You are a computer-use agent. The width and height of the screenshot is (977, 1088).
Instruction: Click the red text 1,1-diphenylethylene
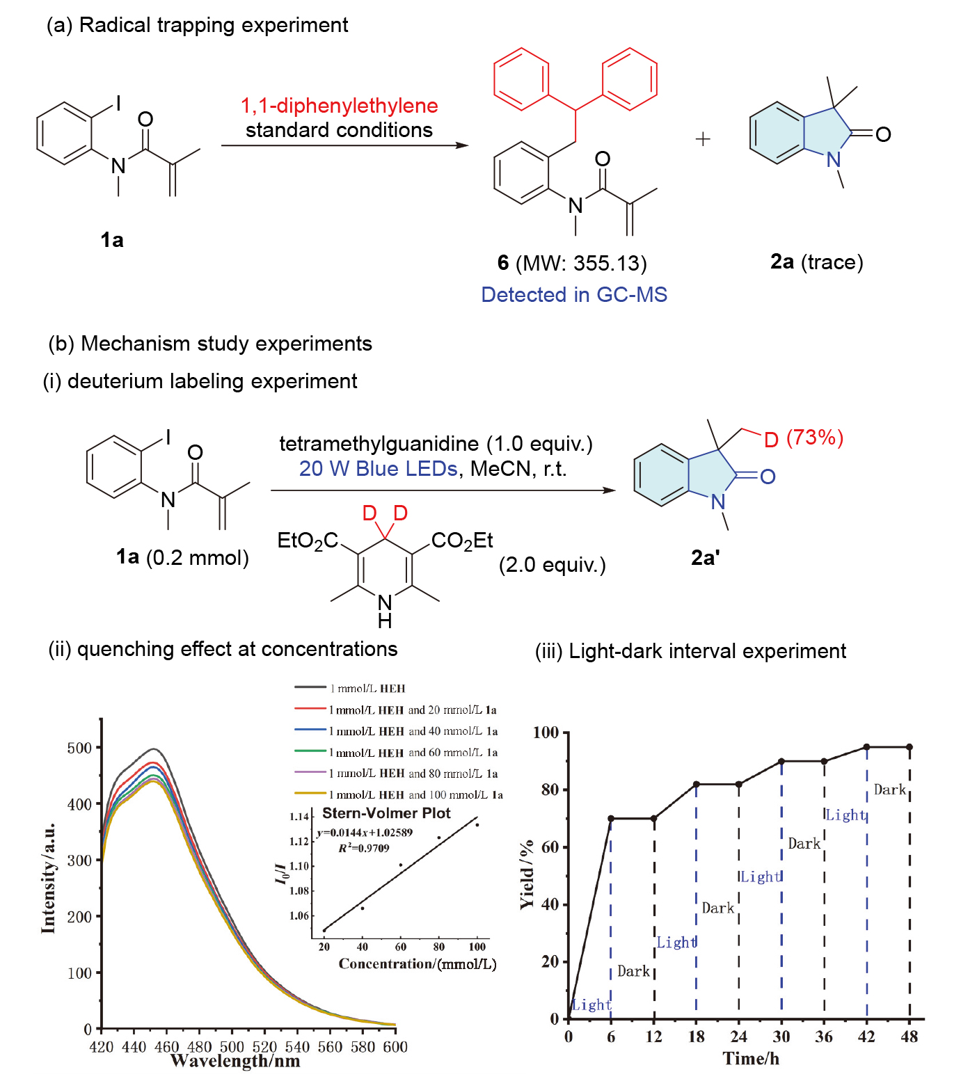[x=339, y=106]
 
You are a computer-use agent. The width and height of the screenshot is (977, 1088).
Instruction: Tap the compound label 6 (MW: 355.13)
[x=572, y=263]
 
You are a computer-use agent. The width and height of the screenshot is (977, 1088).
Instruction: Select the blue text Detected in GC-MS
[x=574, y=294]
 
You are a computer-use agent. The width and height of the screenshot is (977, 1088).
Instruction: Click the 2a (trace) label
[x=816, y=262]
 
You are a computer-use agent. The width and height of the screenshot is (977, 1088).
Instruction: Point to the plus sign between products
[x=703, y=139]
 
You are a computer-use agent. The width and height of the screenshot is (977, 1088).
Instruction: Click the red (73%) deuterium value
[x=814, y=438]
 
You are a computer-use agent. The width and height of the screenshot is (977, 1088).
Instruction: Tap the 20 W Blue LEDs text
[x=378, y=469]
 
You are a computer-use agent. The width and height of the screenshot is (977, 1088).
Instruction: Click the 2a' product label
[x=705, y=557]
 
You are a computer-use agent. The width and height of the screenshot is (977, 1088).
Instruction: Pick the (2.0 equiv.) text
[x=552, y=565]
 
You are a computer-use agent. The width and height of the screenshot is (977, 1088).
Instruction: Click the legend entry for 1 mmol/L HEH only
[x=367, y=688]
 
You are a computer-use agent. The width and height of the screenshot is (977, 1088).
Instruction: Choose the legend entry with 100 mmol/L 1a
[x=415, y=794]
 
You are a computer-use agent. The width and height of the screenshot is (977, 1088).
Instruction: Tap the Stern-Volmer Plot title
[x=386, y=813]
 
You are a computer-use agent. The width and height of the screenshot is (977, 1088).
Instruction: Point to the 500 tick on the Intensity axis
[x=79, y=748]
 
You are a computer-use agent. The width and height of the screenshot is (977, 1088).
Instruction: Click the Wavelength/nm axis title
[x=235, y=1061]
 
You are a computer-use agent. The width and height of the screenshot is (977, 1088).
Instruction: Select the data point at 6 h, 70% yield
[x=611, y=818]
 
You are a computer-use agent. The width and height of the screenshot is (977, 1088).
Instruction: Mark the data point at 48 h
[x=910, y=747]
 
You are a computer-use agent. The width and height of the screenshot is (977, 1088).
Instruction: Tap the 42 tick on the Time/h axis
[x=866, y=1037]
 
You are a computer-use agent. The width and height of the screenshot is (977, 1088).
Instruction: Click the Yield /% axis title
[x=527, y=874]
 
